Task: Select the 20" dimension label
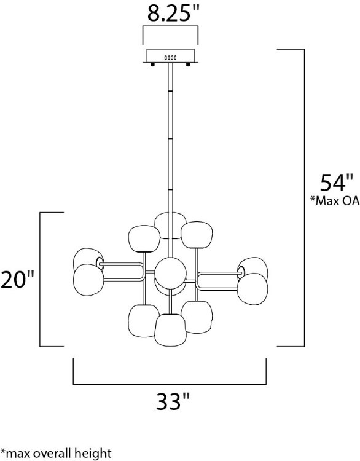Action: (17, 280)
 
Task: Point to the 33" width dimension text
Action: (169, 403)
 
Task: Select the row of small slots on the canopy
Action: (170, 57)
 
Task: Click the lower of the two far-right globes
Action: (253, 288)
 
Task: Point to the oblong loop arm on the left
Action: (123, 273)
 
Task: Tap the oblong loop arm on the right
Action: (217, 280)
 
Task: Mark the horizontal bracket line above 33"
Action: (170, 384)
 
